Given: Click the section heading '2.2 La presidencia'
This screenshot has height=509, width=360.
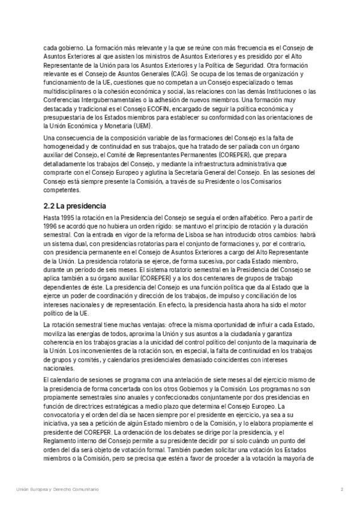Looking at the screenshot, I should (x=77, y=205).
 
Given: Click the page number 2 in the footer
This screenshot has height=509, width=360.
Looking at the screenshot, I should (x=341, y=490).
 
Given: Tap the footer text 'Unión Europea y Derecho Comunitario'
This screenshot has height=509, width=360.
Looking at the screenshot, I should (x=57, y=490).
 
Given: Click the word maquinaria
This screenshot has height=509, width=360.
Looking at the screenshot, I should (x=288, y=341).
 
